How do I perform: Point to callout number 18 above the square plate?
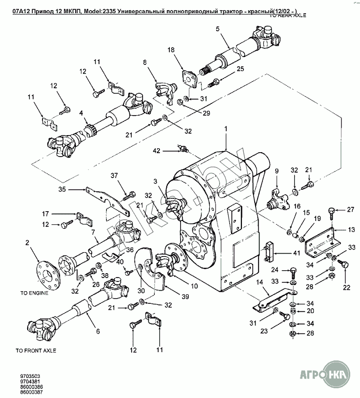pyautogui.click(x=171, y=50)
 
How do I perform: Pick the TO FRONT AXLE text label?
pyautogui.click(x=36, y=350)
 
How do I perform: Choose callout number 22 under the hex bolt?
pyautogui.click(x=346, y=288)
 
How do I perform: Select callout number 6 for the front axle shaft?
pyautogui.click(x=98, y=332)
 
